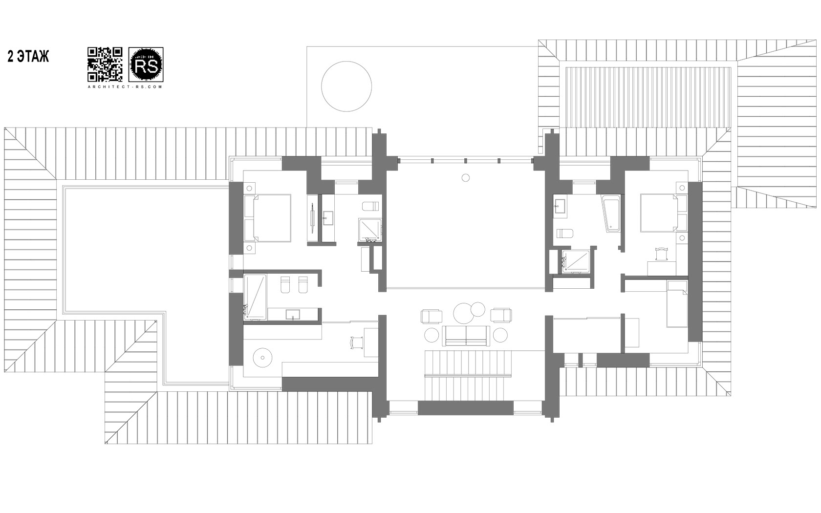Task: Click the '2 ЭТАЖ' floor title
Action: coord(28,57)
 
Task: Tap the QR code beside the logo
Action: coord(105,64)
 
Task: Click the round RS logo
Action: coord(146,64)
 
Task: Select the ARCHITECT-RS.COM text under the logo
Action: coord(125,86)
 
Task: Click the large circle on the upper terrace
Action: coord(346,86)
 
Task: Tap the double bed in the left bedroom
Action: coord(267,218)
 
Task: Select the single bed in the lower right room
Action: coord(677,304)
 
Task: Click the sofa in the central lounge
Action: coord(466,335)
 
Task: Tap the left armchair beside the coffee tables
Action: coord(432,316)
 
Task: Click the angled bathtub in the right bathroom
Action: coord(611,214)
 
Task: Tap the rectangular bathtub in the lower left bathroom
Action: coord(255,297)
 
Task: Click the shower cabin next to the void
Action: coord(370,230)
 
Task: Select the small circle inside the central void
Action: coord(466,178)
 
